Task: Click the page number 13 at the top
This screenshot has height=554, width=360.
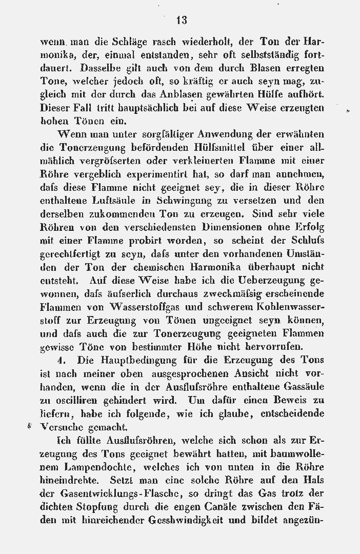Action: click(181, 20)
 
